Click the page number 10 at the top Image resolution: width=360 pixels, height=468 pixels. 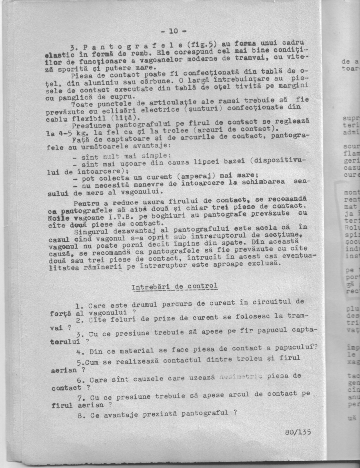(x=173, y=31)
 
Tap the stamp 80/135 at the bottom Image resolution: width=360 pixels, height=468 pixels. (x=298, y=432)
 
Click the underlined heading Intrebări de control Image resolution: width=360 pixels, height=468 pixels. (x=174, y=287)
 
